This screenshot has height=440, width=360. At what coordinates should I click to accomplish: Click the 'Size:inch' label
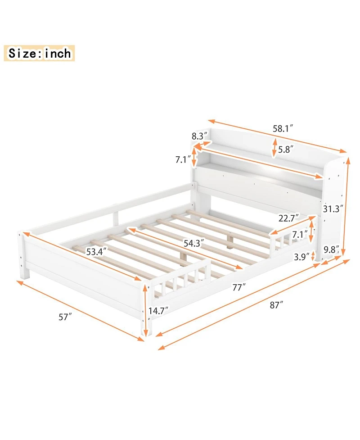coord(39,53)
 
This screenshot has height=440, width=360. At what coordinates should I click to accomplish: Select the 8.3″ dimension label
coord(199,135)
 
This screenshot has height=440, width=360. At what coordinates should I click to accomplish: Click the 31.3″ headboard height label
coord(333,209)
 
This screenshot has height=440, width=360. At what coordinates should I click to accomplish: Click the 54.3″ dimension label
coord(193,243)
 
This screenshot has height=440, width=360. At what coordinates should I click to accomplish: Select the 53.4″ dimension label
coord(97,251)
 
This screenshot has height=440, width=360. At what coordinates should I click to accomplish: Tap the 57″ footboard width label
coord(65,317)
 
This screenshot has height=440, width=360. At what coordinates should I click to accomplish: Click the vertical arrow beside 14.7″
coord(145,311)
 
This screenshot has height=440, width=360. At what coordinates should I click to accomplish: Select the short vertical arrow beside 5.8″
coord(274,148)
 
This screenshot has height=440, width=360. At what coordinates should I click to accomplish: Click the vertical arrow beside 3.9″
coord(313,257)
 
